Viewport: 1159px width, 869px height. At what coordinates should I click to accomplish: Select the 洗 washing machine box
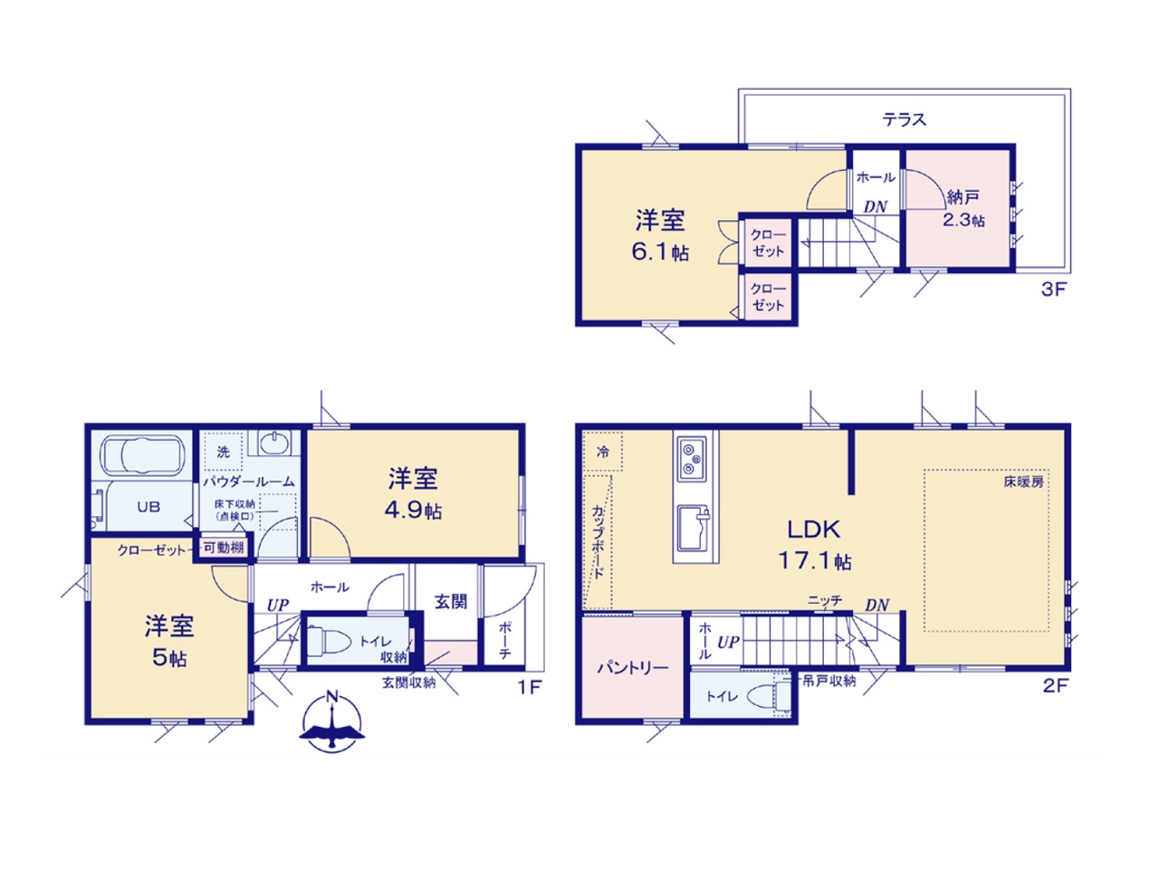click(x=224, y=452)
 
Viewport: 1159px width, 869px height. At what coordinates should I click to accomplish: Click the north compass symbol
click(x=332, y=721)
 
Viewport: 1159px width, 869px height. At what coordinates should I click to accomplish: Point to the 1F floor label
click(x=529, y=686)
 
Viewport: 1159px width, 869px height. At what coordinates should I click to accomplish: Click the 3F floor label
click(x=1054, y=290)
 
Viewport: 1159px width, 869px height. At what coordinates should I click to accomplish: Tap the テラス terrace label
click(x=905, y=119)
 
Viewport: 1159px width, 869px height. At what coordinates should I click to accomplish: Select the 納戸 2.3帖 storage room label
click(x=963, y=208)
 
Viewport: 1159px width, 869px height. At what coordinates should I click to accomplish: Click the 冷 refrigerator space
click(x=602, y=451)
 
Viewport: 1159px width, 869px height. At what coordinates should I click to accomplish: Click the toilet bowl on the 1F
click(x=330, y=641)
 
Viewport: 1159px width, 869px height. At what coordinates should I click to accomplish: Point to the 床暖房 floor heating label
click(x=1024, y=482)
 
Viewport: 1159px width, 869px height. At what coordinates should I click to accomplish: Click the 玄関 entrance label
click(x=451, y=601)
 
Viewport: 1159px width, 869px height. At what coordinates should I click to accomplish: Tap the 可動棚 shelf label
click(x=224, y=548)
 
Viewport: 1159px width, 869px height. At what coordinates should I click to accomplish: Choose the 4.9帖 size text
click(x=413, y=511)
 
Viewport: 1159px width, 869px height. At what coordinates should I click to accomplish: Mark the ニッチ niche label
click(x=824, y=600)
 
